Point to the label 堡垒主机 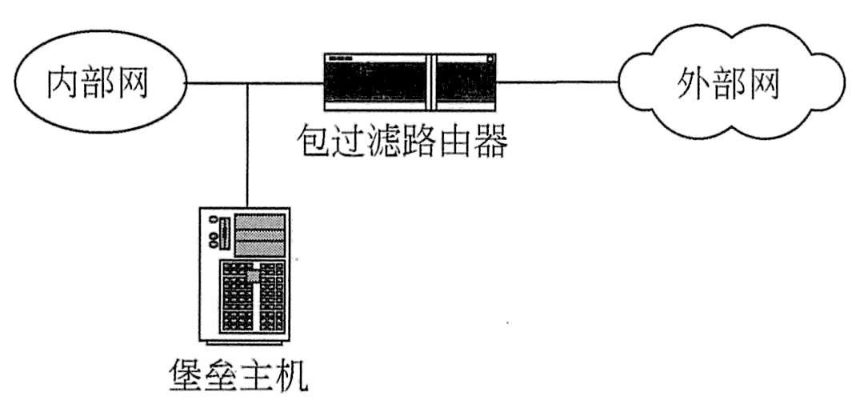(237, 374)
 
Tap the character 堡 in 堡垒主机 (184, 374)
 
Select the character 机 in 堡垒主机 (291, 374)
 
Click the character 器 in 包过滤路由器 (489, 140)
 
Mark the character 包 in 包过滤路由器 (314, 140)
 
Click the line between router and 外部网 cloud (558, 82)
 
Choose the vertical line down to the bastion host (248, 145)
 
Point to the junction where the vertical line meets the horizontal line (248, 83)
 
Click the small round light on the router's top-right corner (490, 57)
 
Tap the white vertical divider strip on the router (430, 82)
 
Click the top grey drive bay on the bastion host (261, 221)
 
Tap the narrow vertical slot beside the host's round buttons (224, 234)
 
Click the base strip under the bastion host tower (244, 342)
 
